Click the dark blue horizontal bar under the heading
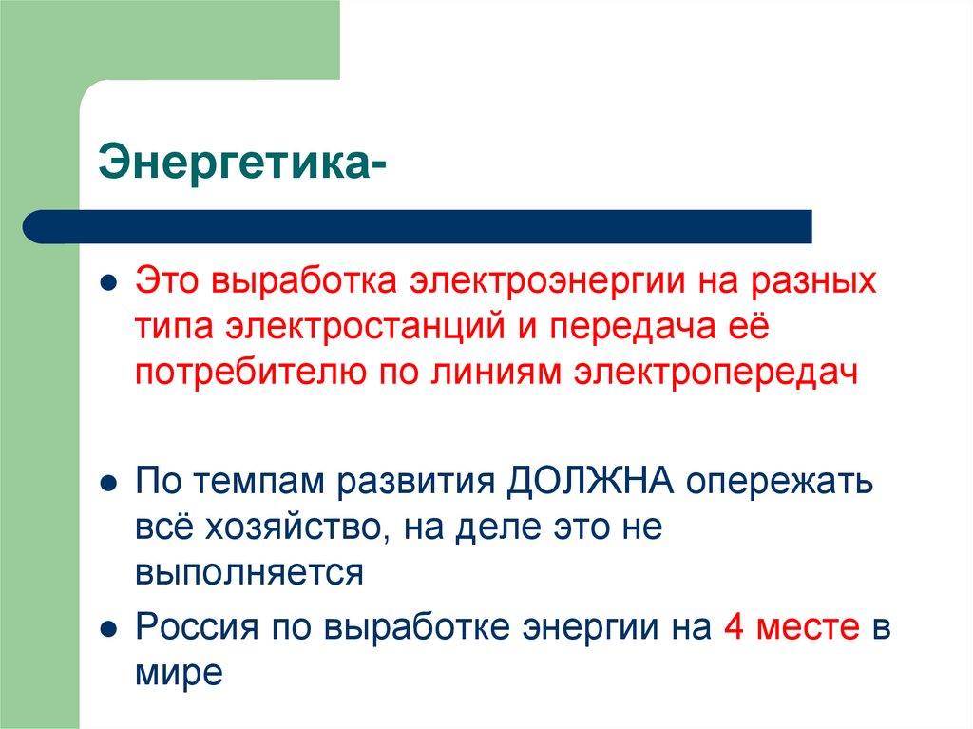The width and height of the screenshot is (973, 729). [x=418, y=226]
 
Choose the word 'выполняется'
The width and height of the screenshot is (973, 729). [x=249, y=573]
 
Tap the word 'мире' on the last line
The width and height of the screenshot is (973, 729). [x=179, y=673]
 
